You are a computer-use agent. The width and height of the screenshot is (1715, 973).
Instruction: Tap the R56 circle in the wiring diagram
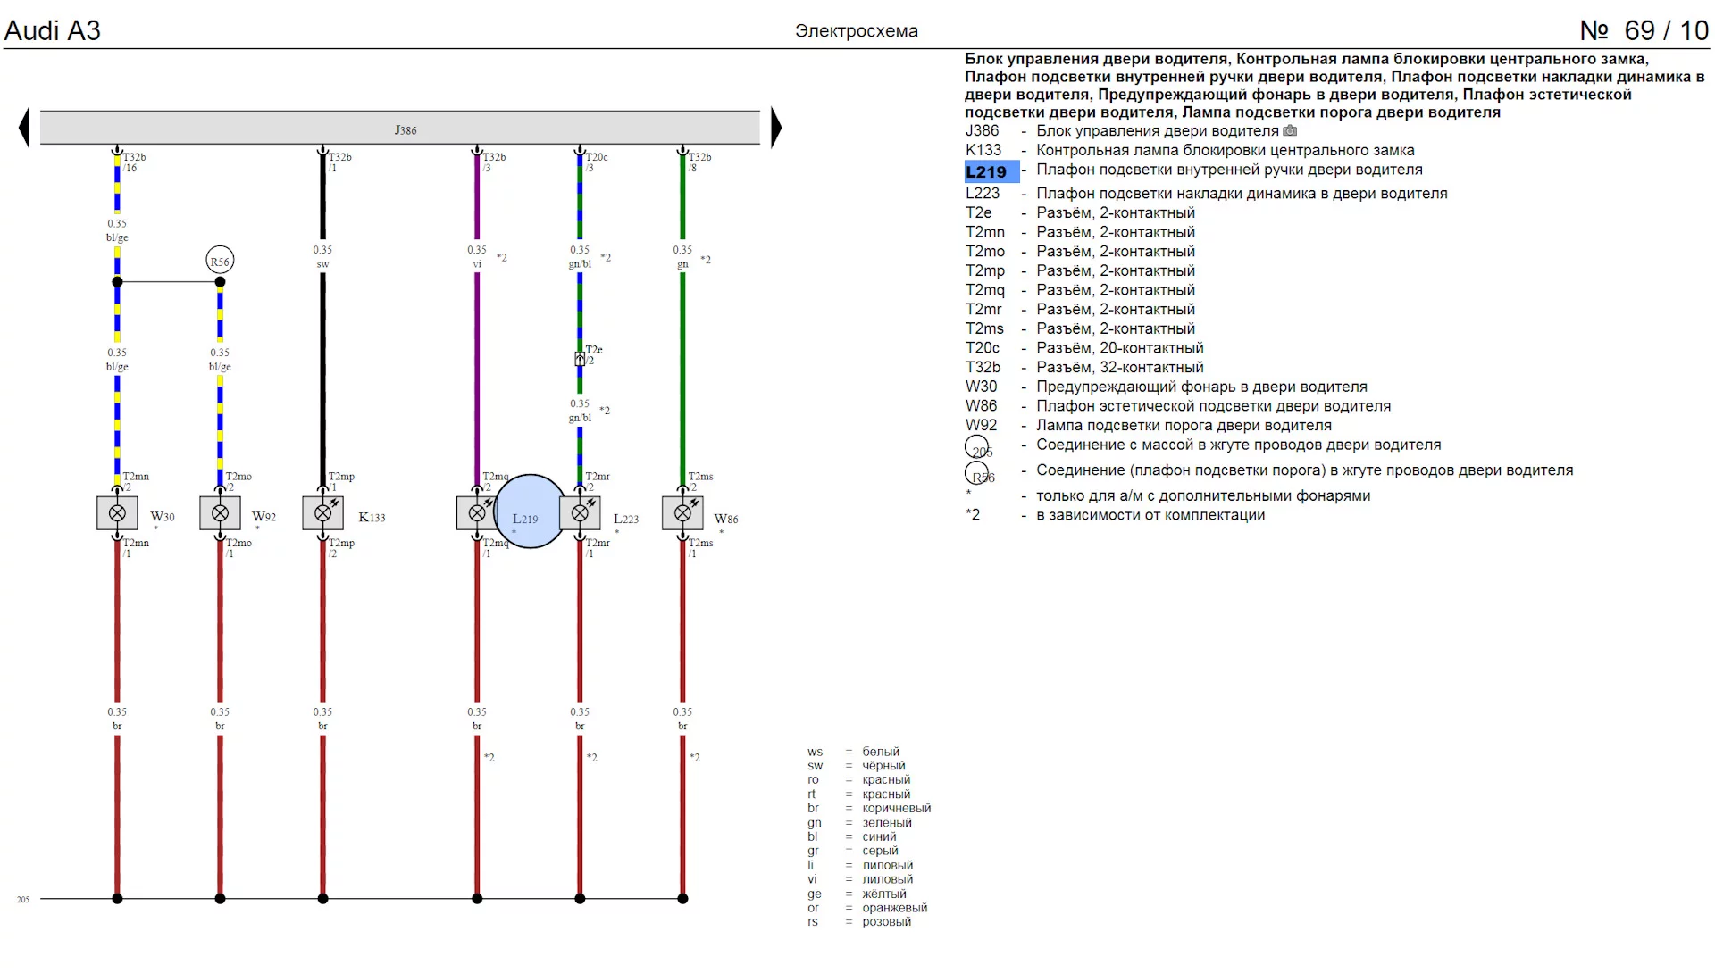220,261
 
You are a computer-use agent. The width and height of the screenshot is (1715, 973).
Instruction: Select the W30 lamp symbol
117,513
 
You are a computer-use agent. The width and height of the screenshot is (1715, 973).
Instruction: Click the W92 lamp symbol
220,513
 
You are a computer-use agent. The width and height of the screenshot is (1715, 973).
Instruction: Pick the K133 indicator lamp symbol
323,513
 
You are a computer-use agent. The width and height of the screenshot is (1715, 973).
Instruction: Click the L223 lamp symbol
580,513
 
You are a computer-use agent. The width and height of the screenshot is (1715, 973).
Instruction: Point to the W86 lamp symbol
682,513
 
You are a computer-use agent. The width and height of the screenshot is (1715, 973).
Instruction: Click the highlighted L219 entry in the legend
986,172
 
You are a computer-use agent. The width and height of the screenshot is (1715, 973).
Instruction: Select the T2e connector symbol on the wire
580,359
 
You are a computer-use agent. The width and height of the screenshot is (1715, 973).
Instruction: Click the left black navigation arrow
24,127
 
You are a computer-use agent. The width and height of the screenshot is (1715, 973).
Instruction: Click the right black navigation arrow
775,127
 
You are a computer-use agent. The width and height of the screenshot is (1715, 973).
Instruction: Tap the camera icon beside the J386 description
1290,131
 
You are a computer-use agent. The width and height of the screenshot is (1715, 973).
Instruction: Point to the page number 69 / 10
1644,30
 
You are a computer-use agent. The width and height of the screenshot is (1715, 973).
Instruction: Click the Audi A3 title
53,30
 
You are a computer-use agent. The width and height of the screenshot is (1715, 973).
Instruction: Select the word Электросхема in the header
856,31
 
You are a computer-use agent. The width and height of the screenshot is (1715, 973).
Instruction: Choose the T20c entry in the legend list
983,348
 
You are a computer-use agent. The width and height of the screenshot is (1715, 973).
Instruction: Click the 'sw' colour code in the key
815,766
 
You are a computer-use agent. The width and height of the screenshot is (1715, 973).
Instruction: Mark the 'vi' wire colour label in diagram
477,264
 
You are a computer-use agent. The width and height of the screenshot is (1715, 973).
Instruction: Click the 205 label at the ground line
23,900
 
